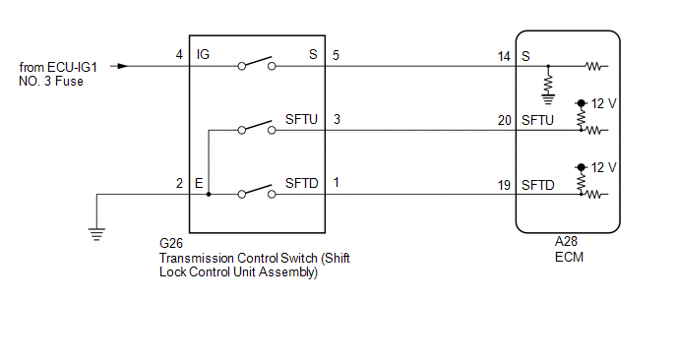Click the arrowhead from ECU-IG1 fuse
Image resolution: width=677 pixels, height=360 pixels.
[123, 66]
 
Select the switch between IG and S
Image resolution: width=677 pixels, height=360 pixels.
[257, 64]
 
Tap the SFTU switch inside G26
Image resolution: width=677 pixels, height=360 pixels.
[257, 127]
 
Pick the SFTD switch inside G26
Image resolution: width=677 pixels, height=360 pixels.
[257, 192]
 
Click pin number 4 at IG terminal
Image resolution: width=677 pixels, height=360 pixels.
[179, 54]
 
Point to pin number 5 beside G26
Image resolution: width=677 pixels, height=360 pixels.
[336, 55]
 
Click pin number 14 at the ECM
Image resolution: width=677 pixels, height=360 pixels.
[504, 56]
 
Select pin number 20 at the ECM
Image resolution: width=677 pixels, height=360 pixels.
[504, 120]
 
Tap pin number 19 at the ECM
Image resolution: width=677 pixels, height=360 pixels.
[504, 185]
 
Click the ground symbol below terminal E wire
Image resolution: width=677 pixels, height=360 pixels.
[96, 234]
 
